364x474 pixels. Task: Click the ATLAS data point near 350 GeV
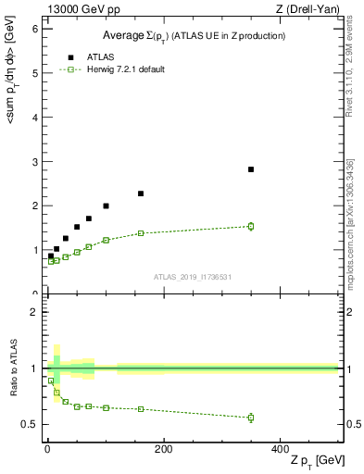251,169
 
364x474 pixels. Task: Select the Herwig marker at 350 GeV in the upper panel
251,226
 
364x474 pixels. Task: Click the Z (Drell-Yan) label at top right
310,10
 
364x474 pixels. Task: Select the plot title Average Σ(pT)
193,35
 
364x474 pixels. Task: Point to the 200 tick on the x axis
163,449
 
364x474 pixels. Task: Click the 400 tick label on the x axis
280,449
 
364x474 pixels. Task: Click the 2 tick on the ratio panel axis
33,313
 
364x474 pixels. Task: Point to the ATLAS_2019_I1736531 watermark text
192,277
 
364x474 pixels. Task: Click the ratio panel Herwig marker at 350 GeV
251,418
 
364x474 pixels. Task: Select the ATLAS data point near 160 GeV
141,193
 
